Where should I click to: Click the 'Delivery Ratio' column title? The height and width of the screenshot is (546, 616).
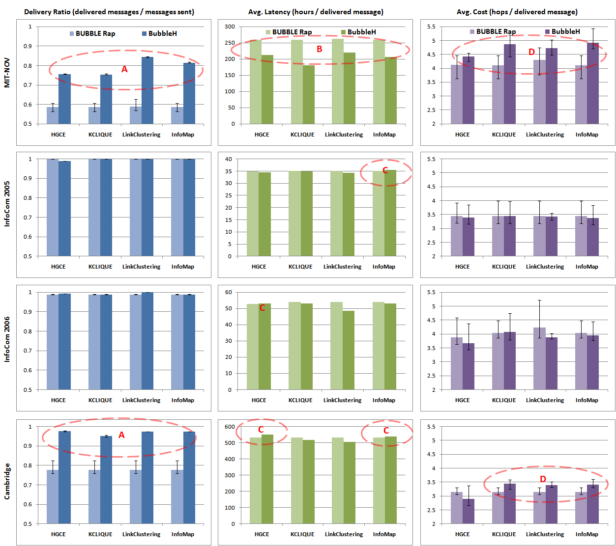tap(109, 12)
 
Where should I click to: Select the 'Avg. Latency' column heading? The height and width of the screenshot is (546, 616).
tap(316, 12)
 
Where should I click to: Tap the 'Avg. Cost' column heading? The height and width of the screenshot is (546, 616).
tap(517, 12)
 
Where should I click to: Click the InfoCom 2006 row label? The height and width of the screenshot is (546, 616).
tap(7, 339)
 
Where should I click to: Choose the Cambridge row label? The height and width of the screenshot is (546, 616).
tap(7, 481)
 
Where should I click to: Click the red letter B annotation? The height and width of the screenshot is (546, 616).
tap(320, 49)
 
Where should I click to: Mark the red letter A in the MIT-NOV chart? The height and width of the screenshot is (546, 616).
tap(124, 70)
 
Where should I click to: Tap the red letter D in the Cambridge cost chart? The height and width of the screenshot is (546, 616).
tap(543, 479)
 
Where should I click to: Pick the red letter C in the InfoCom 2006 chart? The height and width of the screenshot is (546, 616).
tap(262, 308)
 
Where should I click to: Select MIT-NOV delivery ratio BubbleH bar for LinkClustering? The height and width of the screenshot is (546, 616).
tap(147, 90)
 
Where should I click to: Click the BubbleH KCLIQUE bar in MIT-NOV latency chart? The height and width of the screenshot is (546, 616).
tap(309, 94)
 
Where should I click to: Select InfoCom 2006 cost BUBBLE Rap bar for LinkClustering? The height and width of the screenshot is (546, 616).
tap(539, 358)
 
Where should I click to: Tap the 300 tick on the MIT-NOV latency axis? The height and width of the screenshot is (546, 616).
tap(230, 27)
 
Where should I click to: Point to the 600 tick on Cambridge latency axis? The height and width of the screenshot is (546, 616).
tap(230, 427)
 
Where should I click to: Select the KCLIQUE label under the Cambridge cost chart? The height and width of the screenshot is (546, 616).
tap(504, 534)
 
